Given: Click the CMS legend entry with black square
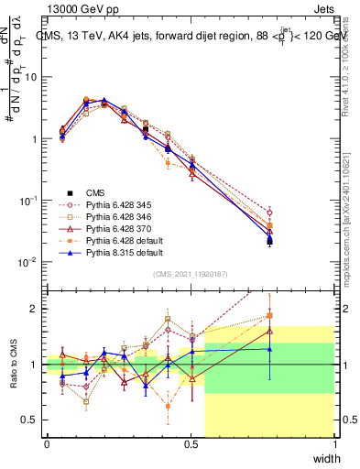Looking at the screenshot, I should coord(95,192).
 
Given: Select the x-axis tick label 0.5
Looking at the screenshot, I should coord(191,444).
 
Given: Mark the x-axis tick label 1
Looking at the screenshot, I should coord(335,444).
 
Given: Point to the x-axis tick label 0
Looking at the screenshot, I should coord(47,444).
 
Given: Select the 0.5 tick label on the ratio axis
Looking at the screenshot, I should coord(31,420).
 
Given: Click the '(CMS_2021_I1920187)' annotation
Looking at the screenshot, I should coord(191,274).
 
